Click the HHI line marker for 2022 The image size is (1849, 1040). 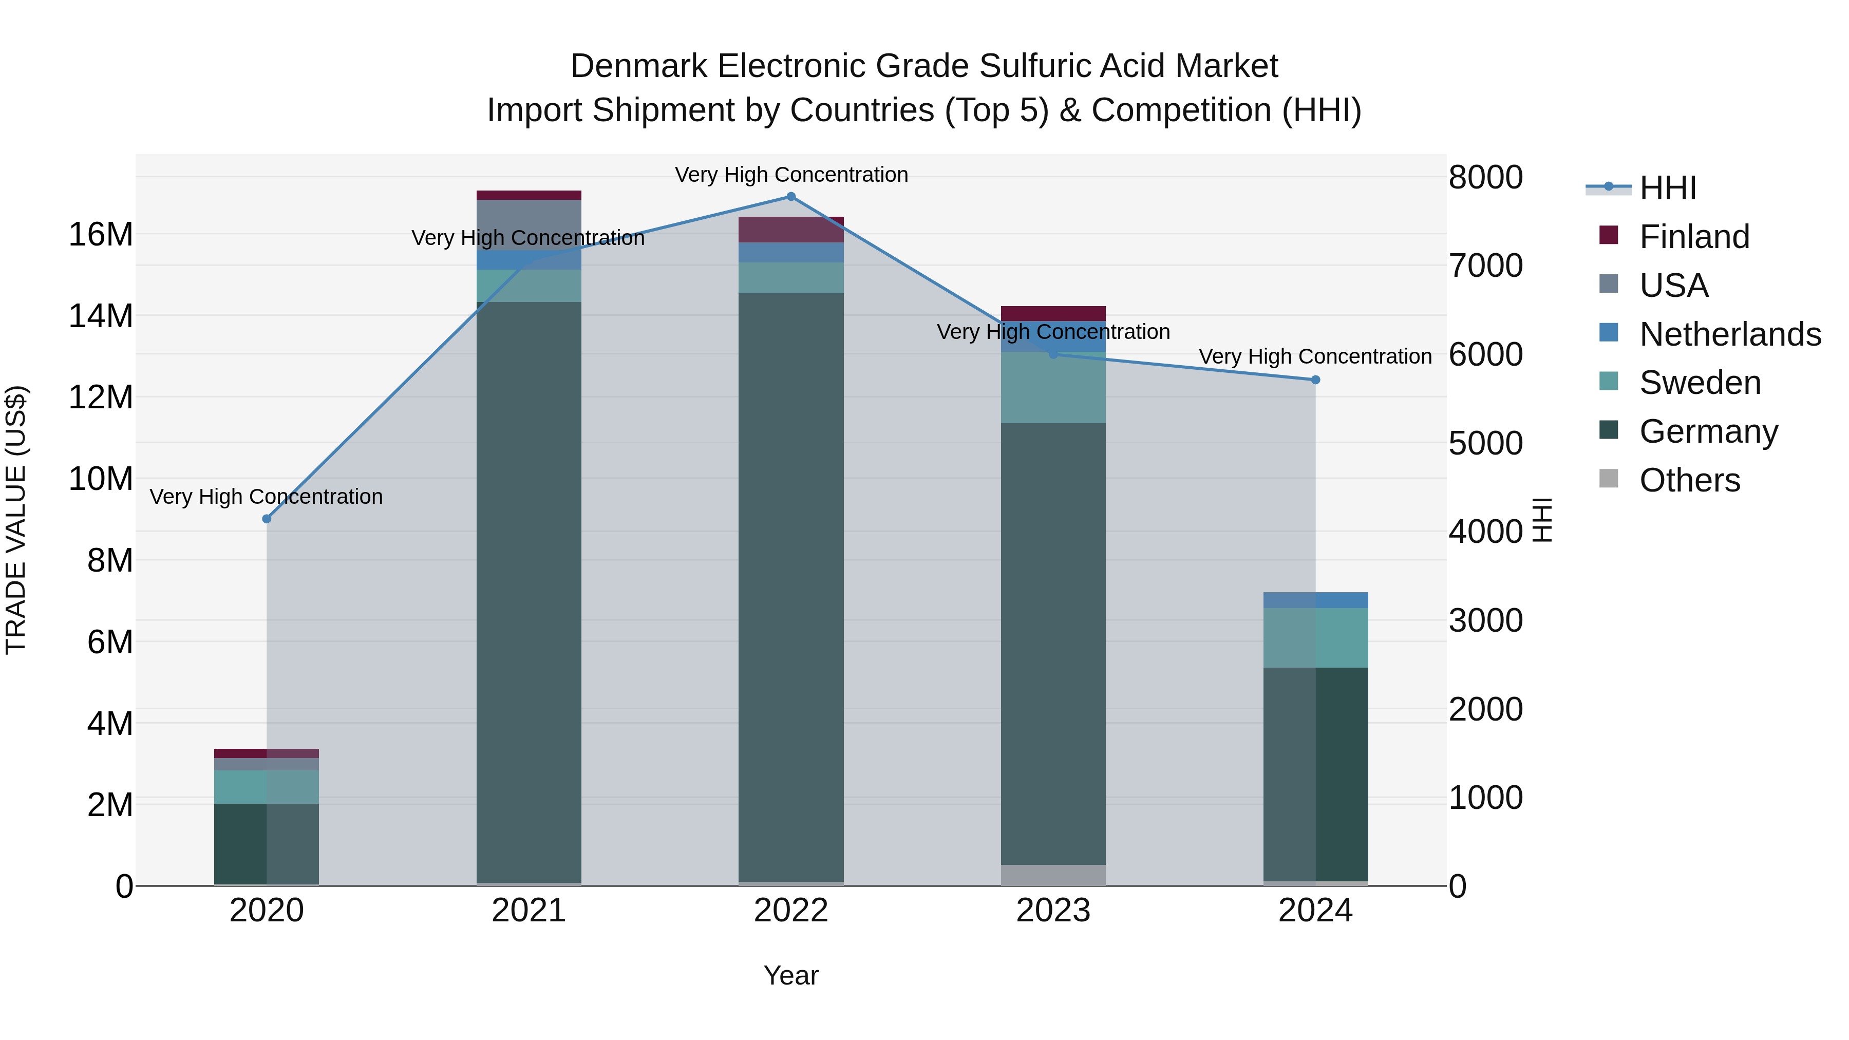coord(791,197)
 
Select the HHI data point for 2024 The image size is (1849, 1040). coord(1316,380)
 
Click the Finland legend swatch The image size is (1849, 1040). coord(1609,235)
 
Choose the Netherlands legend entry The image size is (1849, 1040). coord(1730,334)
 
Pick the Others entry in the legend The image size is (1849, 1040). coord(1690,480)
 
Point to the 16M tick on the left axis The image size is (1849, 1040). coord(101,235)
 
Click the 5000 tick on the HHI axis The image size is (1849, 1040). coord(1485,444)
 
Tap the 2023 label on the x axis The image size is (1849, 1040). coord(1053,911)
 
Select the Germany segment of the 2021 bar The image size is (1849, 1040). coord(529,589)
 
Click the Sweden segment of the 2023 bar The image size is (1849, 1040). coord(1053,388)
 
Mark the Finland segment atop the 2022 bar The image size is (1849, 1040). coord(791,230)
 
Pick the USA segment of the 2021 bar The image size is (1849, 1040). coord(529,224)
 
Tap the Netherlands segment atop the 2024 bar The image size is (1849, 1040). coord(1316,600)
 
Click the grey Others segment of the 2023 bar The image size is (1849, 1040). coord(1053,875)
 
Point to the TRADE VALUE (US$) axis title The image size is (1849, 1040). coord(16,520)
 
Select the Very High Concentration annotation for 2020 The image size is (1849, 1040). coord(266,497)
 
